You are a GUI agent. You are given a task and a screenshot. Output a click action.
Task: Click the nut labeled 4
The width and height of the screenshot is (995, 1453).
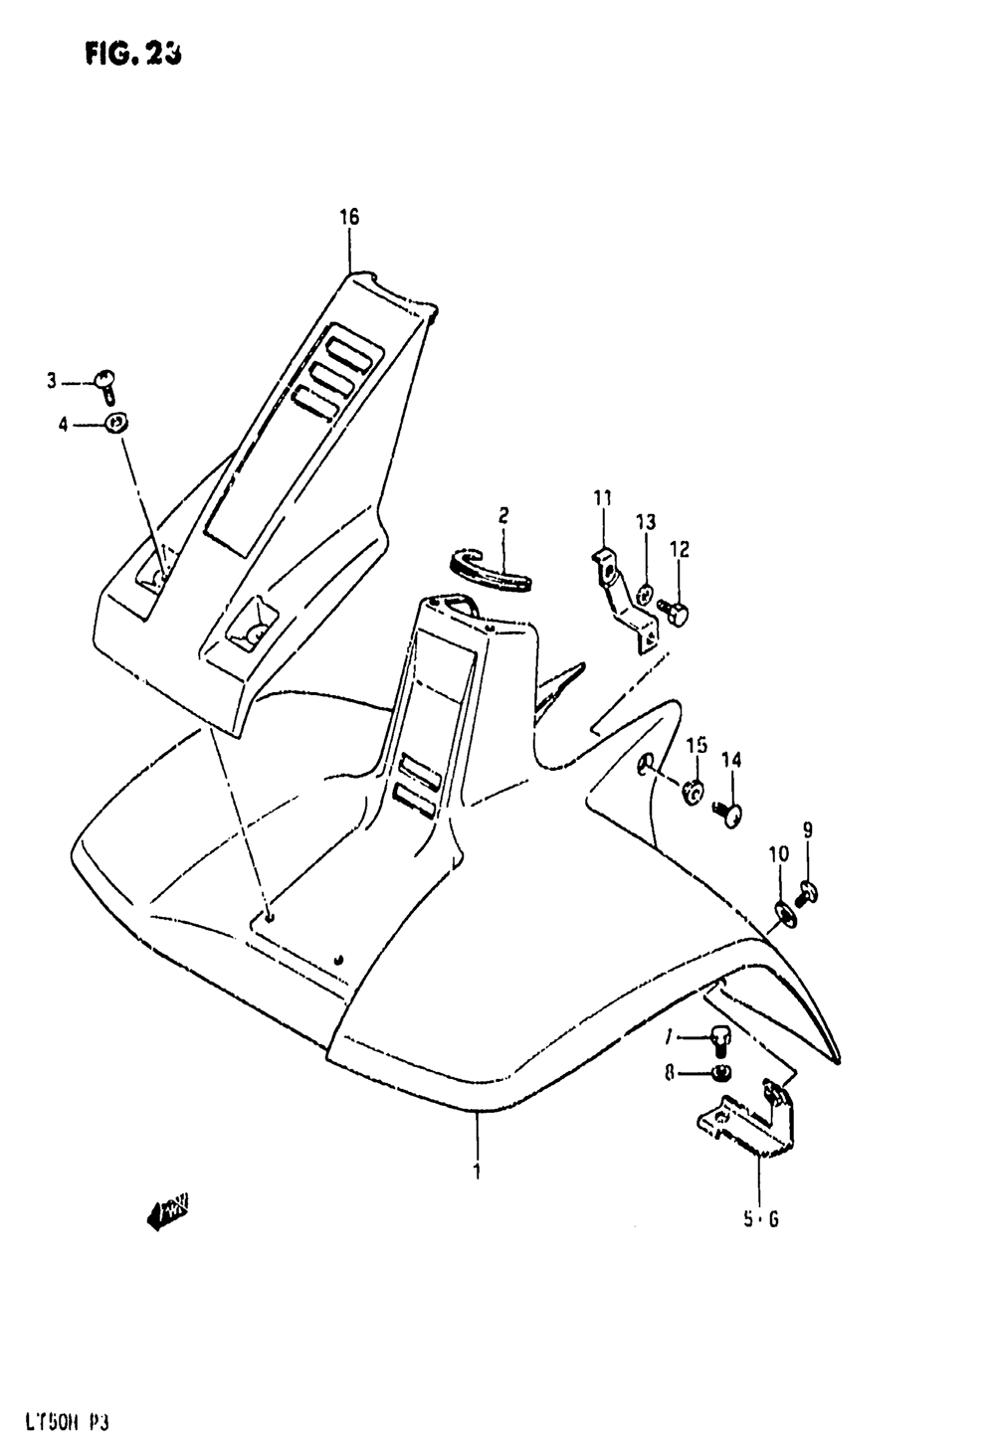pos(117,424)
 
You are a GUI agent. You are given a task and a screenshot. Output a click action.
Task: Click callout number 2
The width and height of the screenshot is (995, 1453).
pos(503,515)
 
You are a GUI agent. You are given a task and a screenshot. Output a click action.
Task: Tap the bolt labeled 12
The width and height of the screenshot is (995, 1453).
pos(678,617)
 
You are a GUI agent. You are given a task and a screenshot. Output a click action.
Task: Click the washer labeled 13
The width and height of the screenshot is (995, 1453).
pos(646,594)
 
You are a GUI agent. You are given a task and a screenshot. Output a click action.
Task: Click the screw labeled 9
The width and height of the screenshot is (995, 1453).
pos(808,896)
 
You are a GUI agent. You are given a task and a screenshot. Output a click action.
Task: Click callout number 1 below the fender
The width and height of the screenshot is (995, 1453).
pos(477,1172)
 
